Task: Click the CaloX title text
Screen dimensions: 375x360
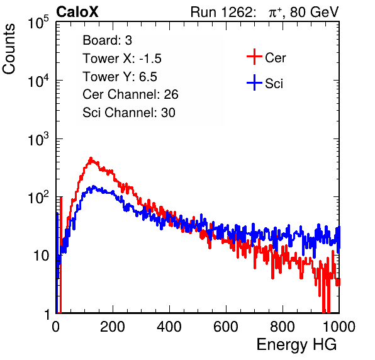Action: (x=77, y=12)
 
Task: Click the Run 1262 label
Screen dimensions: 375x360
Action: (x=221, y=12)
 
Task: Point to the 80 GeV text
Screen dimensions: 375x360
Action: (x=315, y=12)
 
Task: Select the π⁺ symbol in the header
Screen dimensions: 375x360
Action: (x=275, y=12)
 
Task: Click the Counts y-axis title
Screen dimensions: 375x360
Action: (x=9, y=49)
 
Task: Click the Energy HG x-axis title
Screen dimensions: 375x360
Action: (x=296, y=345)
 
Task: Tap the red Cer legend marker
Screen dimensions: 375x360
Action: (x=254, y=57)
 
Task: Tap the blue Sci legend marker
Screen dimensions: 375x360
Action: (x=254, y=82)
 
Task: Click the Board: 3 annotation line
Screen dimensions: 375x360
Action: (x=108, y=40)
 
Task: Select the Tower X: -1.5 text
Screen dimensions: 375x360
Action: (x=122, y=59)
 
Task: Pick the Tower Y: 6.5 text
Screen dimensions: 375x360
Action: (x=120, y=77)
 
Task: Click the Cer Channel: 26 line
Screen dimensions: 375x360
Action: (x=130, y=94)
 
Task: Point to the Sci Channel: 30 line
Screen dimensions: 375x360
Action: (x=129, y=113)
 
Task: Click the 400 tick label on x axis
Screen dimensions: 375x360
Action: (x=169, y=327)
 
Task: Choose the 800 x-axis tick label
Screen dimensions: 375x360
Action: (x=283, y=327)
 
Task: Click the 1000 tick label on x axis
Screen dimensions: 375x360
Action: (x=339, y=327)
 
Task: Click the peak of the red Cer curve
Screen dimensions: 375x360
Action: (x=91, y=158)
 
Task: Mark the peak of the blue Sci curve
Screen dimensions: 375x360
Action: (x=94, y=186)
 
